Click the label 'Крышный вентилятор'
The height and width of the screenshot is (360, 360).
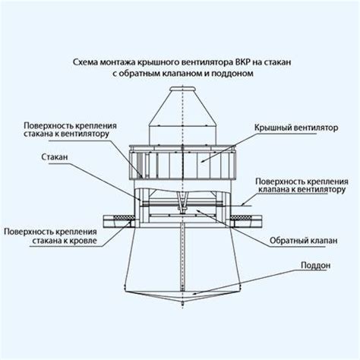[296, 128]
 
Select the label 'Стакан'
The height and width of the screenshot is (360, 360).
[55, 157]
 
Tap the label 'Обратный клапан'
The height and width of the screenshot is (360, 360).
[303, 240]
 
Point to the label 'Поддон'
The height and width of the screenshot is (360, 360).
[315, 265]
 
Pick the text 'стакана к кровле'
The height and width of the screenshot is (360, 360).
[65, 240]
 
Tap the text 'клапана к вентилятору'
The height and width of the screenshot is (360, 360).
[302, 189]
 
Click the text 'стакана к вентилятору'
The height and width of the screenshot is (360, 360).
[67, 134]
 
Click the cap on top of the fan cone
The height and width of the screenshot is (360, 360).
[183, 89]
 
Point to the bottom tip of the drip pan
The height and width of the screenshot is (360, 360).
[182, 303]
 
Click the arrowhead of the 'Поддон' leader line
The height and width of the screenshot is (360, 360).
[194, 294]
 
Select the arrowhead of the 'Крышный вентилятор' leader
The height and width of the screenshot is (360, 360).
[203, 161]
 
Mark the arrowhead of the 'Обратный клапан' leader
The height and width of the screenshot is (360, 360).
[198, 210]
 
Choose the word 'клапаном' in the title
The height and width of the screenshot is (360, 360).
[182, 74]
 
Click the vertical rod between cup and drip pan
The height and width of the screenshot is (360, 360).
[182, 257]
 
